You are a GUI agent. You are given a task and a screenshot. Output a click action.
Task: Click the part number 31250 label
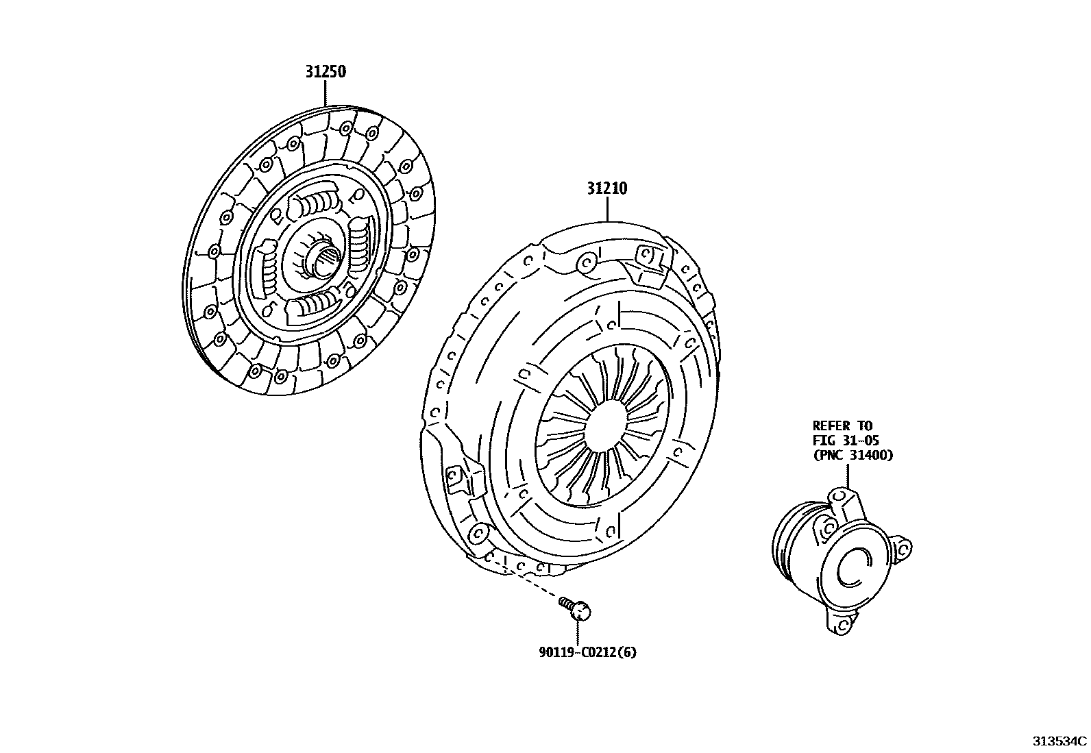(x=326, y=71)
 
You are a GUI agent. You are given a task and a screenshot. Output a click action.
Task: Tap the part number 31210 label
(x=606, y=188)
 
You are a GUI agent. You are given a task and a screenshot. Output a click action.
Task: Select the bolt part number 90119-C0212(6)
(x=587, y=652)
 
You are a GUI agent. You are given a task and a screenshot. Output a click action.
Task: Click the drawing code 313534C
(x=1059, y=741)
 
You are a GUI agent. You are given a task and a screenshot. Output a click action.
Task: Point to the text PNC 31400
(x=853, y=454)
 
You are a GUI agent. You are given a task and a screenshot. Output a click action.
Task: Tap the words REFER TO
(x=842, y=425)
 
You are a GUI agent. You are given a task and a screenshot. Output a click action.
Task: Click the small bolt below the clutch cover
(x=578, y=608)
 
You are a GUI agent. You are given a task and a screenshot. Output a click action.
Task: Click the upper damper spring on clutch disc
(x=316, y=203)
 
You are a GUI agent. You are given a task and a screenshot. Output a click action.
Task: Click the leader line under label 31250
(x=326, y=93)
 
